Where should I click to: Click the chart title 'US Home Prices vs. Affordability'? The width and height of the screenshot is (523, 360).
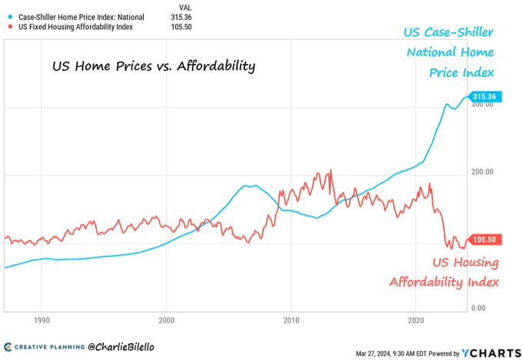(153, 66)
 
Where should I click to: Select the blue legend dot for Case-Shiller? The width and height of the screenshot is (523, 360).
(9, 16)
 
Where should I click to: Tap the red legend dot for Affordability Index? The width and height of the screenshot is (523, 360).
(9, 27)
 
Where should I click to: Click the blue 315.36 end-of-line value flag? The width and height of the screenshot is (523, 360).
(488, 96)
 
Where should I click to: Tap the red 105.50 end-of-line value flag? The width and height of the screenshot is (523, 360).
(488, 239)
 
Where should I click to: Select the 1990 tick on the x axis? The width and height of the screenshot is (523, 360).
(42, 318)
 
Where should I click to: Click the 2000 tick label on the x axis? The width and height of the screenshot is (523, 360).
(167, 318)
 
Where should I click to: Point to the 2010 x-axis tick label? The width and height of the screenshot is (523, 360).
(291, 318)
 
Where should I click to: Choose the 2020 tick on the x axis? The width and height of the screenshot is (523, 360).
(416, 318)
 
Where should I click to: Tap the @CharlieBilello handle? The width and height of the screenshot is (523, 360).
(122, 347)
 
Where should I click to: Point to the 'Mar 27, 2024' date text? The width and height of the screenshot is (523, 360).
(376, 354)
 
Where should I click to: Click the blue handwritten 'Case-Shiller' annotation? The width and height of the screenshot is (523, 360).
(449, 33)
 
